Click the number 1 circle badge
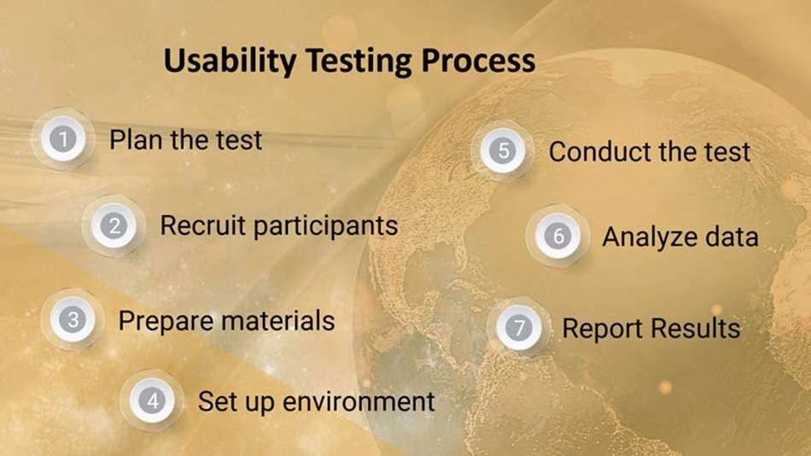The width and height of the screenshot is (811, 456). [x=63, y=138]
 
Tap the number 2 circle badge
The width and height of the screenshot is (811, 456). [x=114, y=225]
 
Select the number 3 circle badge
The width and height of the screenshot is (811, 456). [x=73, y=319]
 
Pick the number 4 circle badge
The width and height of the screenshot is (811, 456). [x=152, y=400]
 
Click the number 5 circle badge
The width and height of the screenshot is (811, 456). [x=503, y=150]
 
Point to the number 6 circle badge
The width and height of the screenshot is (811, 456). [x=558, y=236]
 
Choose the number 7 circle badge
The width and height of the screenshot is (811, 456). [x=519, y=327]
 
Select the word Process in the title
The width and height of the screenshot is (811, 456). [x=478, y=61]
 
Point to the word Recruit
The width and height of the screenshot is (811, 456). [x=203, y=225]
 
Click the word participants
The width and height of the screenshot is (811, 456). [x=326, y=227]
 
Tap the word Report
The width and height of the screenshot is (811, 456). [x=603, y=329]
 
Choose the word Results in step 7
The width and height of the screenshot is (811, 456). [x=696, y=328]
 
